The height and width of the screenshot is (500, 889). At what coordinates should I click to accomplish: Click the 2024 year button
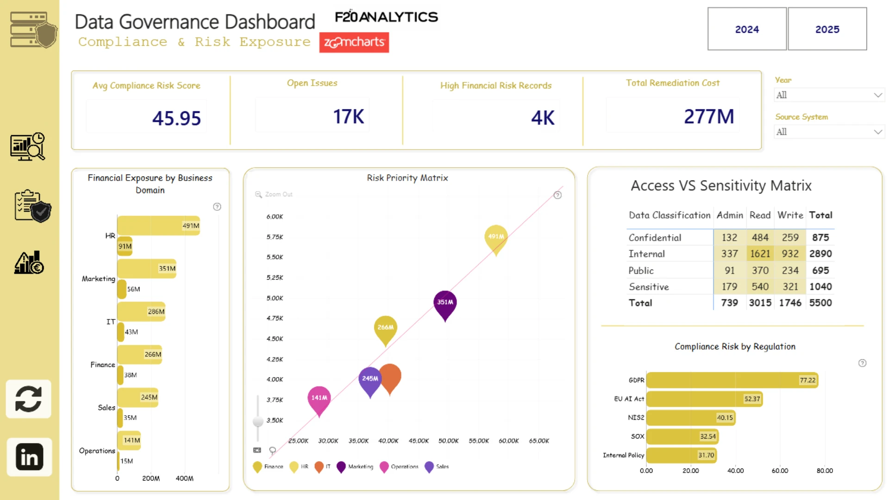(x=747, y=29)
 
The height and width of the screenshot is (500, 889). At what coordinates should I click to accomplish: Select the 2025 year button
(x=827, y=29)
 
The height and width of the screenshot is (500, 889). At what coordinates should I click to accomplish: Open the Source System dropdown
(x=829, y=132)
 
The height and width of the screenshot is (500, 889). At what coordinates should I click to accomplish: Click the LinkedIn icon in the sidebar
(x=29, y=457)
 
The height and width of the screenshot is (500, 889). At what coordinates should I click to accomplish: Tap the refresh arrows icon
(x=29, y=399)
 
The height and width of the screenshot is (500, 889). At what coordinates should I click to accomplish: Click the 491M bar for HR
(x=158, y=225)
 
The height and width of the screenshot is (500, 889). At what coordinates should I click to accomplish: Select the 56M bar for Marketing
(x=122, y=289)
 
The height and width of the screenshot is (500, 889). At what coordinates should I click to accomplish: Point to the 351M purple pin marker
(x=445, y=305)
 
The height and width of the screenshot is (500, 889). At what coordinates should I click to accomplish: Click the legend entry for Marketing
(x=355, y=467)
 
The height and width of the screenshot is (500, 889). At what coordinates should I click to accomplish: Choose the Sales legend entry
(x=437, y=467)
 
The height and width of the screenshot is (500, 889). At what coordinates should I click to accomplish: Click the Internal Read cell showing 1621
(x=760, y=254)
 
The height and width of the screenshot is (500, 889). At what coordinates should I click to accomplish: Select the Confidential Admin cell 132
(x=729, y=237)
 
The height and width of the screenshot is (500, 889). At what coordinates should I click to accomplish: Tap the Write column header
(x=790, y=215)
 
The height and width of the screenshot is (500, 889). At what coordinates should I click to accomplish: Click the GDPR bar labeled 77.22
(x=732, y=380)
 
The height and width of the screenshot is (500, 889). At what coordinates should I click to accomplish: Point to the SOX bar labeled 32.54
(x=682, y=436)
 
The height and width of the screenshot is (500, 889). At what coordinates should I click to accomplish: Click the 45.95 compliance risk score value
(x=176, y=118)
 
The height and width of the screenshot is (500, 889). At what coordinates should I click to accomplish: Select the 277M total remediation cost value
(x=709, y=117)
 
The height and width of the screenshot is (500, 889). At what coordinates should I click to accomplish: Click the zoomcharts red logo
(x=354, y=42)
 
